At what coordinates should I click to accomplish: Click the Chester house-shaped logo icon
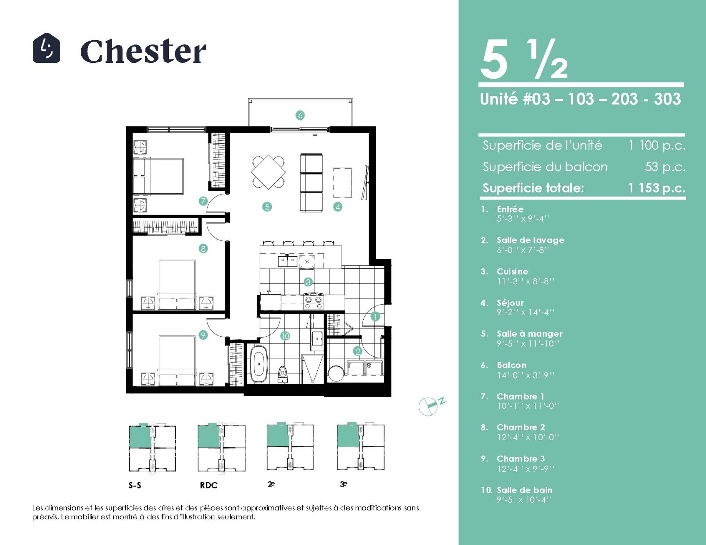click(46, 48)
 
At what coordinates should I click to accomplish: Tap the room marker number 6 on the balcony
click(300, 115)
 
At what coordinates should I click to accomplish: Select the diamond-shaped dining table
click(268, 172)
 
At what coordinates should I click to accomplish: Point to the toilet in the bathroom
click(282, 374)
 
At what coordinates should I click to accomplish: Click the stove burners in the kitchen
click(314, 301)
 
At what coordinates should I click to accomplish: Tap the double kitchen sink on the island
click(287, 261)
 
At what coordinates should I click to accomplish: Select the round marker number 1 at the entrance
click(375, 316)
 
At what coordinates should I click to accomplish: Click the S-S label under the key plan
click(135, 485)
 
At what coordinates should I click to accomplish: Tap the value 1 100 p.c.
click(657, 146)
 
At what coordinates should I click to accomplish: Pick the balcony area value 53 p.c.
click(665, 167)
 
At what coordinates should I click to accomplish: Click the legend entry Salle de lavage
click(530, 240)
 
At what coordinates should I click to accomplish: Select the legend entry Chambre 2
click(521, 427)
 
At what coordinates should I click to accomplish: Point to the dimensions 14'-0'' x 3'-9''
click(525, 375)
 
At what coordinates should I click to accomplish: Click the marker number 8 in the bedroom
click(203, 249)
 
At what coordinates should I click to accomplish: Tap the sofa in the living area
click(311, 183)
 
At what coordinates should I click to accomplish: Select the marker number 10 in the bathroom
click(285, 336)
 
